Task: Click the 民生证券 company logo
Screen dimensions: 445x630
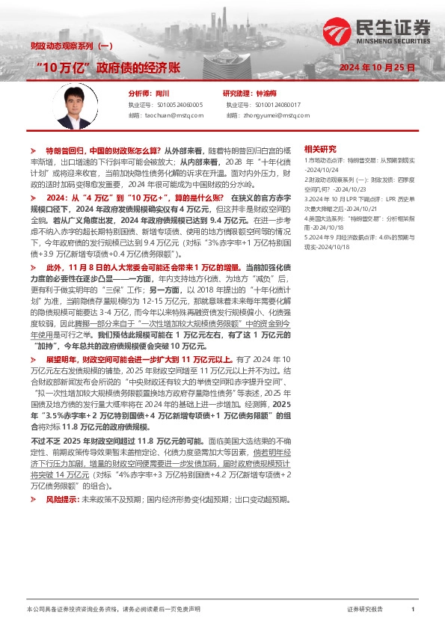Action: coord(377,28)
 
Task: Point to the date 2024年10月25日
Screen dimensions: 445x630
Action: coord(377,68)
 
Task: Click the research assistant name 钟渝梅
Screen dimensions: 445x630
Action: coord(266,94)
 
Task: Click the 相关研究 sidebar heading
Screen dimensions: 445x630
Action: coord(321,149)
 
